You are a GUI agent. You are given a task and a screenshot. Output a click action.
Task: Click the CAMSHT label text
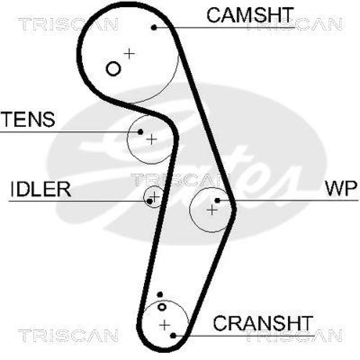click(x=250, y=15)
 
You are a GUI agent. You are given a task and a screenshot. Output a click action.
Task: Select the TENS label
click(x=28, y=120)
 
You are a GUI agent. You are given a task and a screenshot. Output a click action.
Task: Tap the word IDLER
click(x=40, y=189)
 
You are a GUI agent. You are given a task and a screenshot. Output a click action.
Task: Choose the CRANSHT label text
click(x=263, y=323)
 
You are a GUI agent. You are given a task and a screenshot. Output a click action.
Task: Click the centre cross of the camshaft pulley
click(x=130, y=54)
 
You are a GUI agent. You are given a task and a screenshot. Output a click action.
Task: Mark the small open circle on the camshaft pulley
click(x=113, y=68)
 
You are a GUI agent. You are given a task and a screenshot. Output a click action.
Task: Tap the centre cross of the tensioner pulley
click(x=152, y=139)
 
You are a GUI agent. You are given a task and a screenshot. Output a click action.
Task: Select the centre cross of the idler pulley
click(x=154, y=196)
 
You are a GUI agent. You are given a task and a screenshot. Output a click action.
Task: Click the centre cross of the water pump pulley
click(x=211, y=209)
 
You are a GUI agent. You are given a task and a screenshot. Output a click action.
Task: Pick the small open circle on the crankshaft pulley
click(x=162, y=307)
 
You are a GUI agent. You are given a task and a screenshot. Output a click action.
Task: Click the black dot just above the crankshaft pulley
click(x=160, y=295)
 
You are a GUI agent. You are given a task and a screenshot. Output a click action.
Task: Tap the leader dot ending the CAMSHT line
click(x=154, y=27)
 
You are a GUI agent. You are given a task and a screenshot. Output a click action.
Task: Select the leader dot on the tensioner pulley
click(x=140, y=132)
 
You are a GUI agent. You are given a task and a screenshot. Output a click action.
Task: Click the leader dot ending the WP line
click(x=217, y=200)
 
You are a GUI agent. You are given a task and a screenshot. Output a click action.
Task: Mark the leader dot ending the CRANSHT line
click(x=173, y=335)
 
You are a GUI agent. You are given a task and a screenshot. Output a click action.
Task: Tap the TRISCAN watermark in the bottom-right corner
click(x=292, y=335)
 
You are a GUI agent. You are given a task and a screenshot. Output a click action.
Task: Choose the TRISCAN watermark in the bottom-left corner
click(x=67, y=335)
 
